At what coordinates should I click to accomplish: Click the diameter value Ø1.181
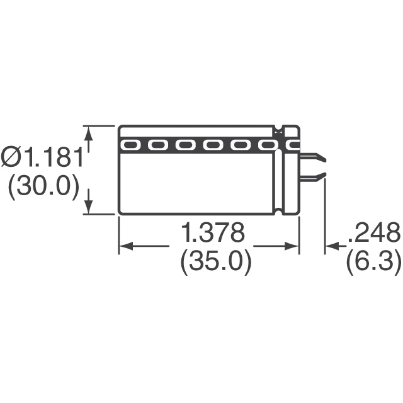point(42,157)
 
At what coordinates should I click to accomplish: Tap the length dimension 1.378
point(213,232)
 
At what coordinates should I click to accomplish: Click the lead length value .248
point(375,232)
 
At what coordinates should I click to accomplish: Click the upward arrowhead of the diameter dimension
point(89,133)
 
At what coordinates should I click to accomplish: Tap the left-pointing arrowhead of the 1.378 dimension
point(126,246)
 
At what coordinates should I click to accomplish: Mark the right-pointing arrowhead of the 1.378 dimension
point(292,246)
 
